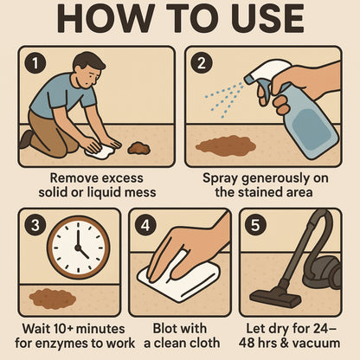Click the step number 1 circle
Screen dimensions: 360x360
[33, 62]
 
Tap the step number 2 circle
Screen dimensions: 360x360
[201, 62]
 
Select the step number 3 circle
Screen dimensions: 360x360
[34, 224]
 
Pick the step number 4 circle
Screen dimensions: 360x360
[145, 224]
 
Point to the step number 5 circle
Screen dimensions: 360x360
[255, 224]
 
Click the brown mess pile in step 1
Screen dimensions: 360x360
[138, 148]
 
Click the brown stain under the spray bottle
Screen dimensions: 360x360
[226, 145]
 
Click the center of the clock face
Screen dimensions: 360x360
[78, 247]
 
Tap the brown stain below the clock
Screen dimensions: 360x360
[52, 299]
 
